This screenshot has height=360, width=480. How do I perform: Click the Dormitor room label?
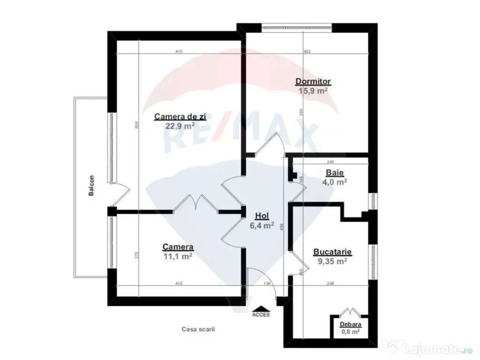(313, 82)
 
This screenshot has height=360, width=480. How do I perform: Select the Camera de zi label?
(180, 117)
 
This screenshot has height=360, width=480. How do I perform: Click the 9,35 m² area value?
(332, 262)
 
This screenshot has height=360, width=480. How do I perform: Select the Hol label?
(262, 216)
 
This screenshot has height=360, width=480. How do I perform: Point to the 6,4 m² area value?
(262, 225)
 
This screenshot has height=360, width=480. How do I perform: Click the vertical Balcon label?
(92, 186)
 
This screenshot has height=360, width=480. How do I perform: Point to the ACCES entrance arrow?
(261, 309)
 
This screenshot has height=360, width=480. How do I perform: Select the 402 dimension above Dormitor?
(307, 52)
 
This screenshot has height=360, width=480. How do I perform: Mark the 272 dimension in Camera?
(137, 255)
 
